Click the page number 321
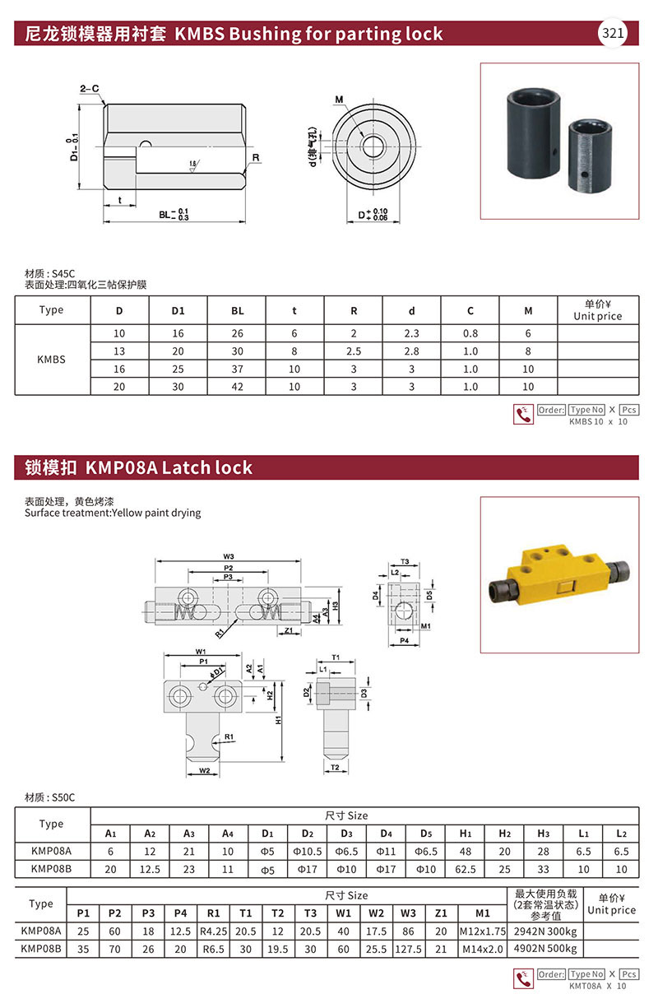(613, 34)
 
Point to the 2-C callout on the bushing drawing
(90, 88)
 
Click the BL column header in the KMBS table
(238, 311)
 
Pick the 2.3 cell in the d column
(412, 333)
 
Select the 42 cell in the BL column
(238, 387)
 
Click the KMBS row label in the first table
(51, 360)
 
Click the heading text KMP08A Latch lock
(165, 468)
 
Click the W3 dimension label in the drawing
(229, 557)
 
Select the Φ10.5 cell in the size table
(307, 851)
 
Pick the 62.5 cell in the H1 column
(465, 869)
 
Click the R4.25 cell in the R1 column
(213, 931)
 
